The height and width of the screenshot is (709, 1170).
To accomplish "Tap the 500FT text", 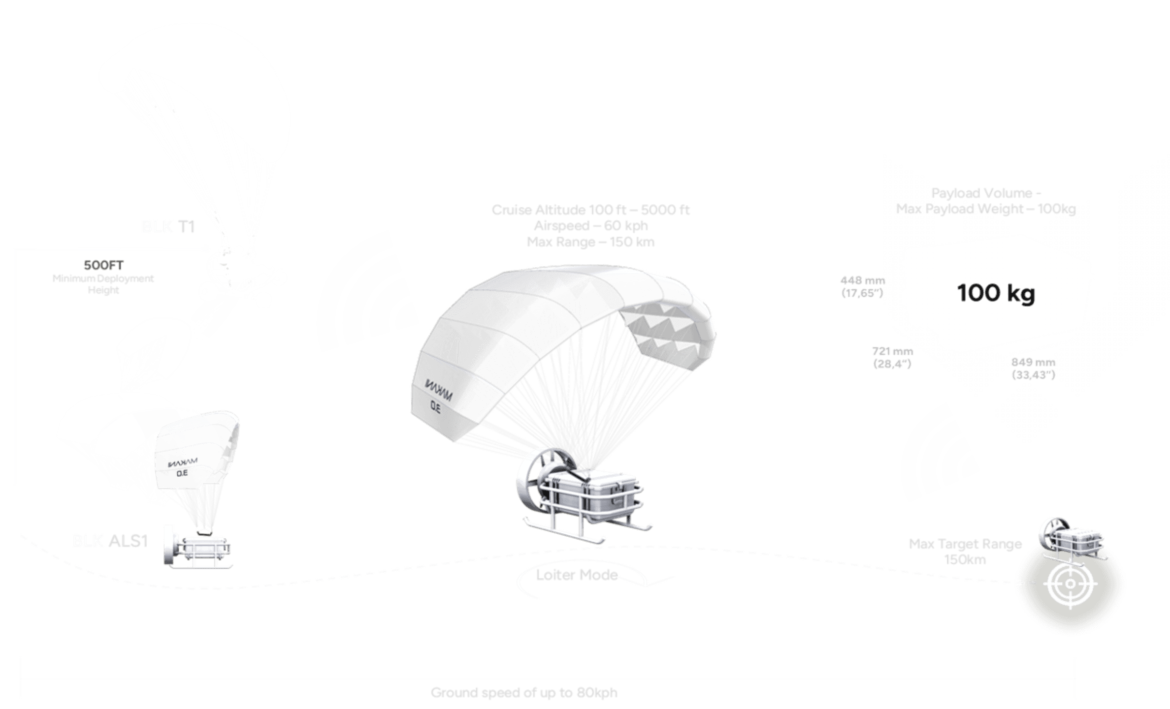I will (103, 265).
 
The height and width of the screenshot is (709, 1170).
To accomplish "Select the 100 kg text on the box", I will (996, 293).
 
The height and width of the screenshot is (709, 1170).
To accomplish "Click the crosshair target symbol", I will (1071, 584).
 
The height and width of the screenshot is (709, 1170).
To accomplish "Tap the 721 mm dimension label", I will (893, 352).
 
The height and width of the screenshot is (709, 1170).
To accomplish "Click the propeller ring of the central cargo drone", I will (529, 480).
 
